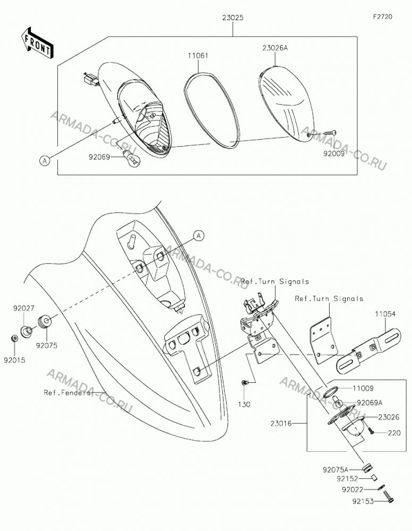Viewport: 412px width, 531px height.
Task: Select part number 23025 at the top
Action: (233, 18)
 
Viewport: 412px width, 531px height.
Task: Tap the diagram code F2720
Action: (383, 16)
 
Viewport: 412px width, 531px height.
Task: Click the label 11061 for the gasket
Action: (198, 56)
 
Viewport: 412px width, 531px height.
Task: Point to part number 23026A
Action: (275, 48)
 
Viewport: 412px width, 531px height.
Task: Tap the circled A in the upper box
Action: (45, 160)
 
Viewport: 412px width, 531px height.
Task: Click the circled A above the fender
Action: (199, 235)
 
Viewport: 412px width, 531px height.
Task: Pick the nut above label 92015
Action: (14, 338)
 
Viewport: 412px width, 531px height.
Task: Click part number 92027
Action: (24, 309)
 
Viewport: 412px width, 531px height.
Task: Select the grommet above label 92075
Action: (44, 321)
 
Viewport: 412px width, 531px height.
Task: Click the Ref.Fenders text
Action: (67, 393)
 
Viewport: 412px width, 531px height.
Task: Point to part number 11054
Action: (385, 314)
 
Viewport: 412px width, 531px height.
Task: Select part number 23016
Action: (281, 423)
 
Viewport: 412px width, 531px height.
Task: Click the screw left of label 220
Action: (371, 431)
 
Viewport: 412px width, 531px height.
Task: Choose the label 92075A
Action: (335, 470)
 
